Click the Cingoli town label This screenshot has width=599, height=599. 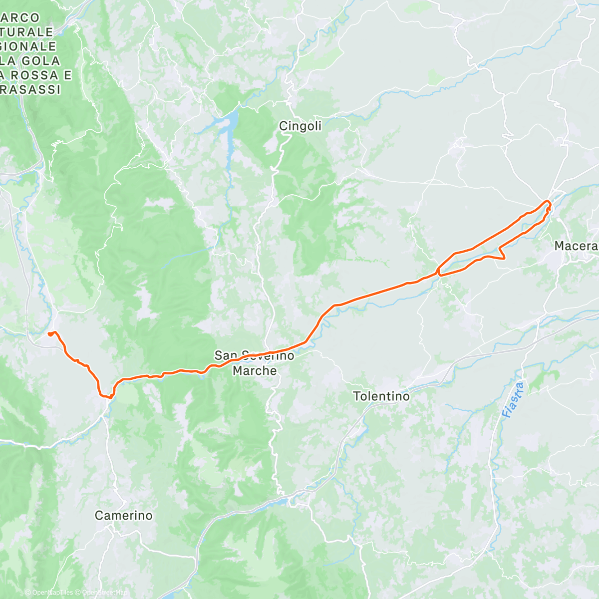click(300, 126)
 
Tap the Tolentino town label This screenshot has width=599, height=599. click(381, 396)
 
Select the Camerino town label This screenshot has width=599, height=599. click(123, 516)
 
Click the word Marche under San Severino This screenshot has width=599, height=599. click(255, 371)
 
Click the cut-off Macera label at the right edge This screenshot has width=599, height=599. click(576, 246)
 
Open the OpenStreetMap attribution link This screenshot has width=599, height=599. click(104, 593)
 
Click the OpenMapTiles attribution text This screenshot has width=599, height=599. click(52, 593)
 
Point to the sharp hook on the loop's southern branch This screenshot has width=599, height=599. click(504, 257)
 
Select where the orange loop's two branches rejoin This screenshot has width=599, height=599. click(438, 272)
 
